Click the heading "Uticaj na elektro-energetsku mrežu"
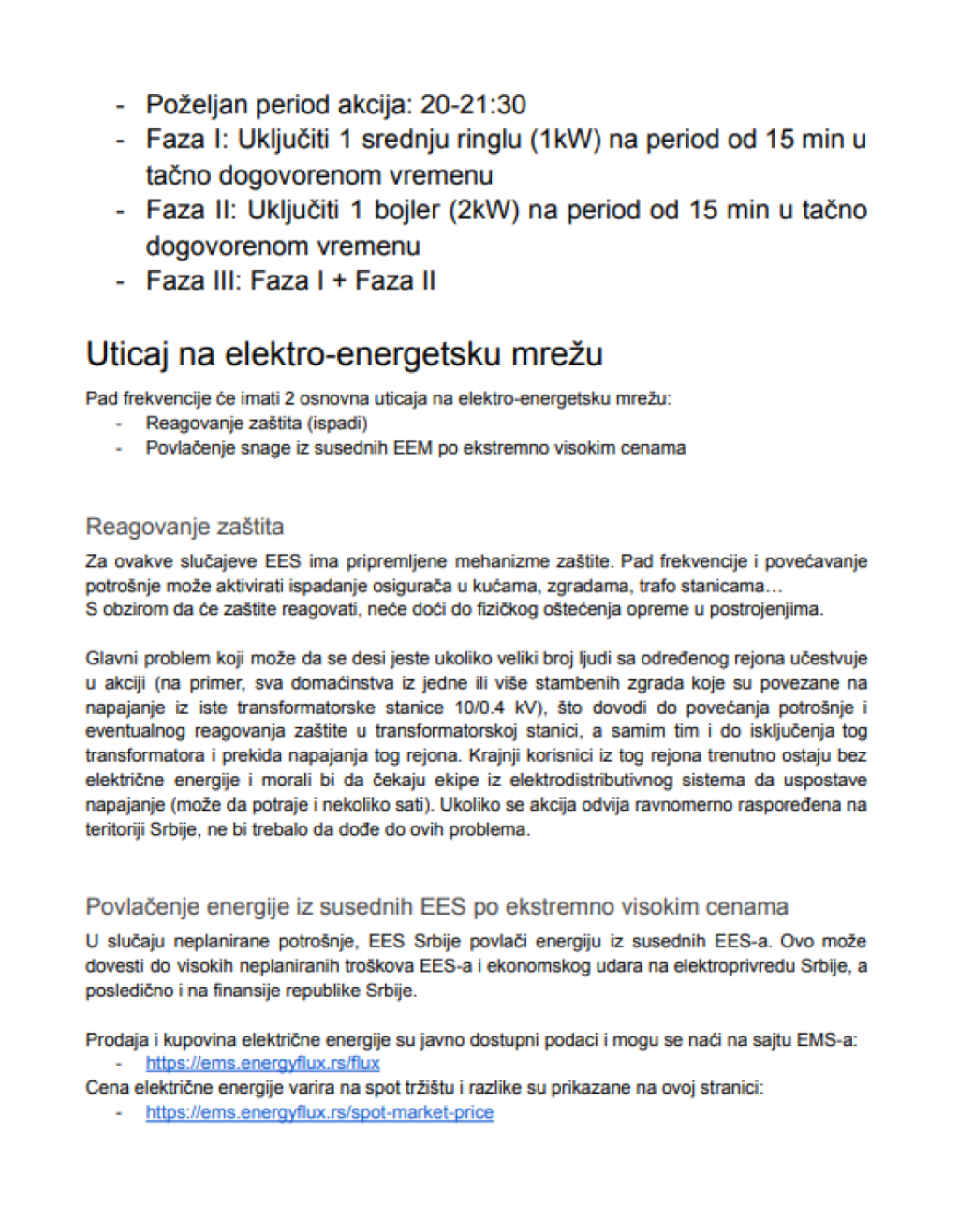pyautogui.click(x=345, y=354)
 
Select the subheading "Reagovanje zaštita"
pyautogui.click(x=184, y=527)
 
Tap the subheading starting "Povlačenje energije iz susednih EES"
pyautogui.click(x=436, y=907)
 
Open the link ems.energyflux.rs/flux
pyautogui.click(x=262, y=1064)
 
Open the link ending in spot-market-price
pyautogui.click(x=319, y=1112)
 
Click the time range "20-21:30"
pyautogui.click(x=473, y=104)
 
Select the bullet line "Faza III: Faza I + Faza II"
pyautogui.click(x=290, y=281)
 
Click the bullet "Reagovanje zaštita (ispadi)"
pyautogui.click(x=256, y=424)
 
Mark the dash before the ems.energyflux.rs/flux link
pyautogui.click(x=119, y=1064)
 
